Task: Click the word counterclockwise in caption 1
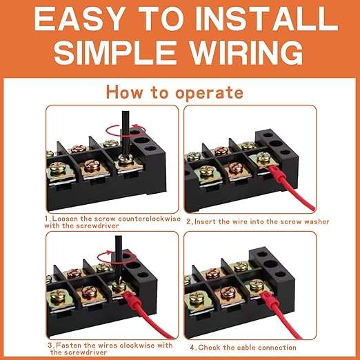point(141,218)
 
